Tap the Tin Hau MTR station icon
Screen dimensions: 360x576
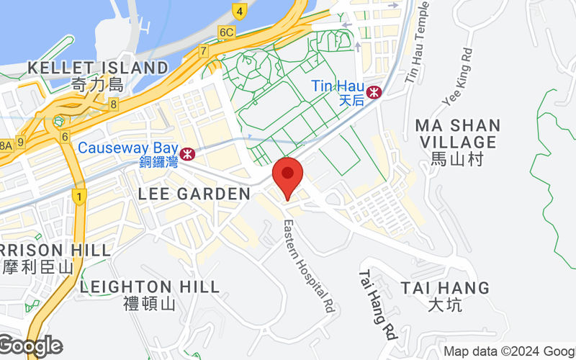[x=374, y=92]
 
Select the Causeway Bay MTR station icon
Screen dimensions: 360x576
[x=188, y=153]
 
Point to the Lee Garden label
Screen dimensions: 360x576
[x=194, y=194]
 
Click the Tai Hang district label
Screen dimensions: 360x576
[x=445, y=296]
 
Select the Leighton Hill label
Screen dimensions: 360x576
[x=150, y=294]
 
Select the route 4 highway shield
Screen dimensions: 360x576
[x=239, y=11]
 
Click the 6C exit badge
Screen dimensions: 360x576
[x=227, y=32]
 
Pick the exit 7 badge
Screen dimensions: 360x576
[x=204, y=51]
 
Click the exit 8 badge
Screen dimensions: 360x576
[x=114, y=105]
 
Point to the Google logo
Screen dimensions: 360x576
[x=30, y=346]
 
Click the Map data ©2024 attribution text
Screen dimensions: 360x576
[x=508, y=351]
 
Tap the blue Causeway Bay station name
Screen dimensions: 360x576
[x=127, y=148]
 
